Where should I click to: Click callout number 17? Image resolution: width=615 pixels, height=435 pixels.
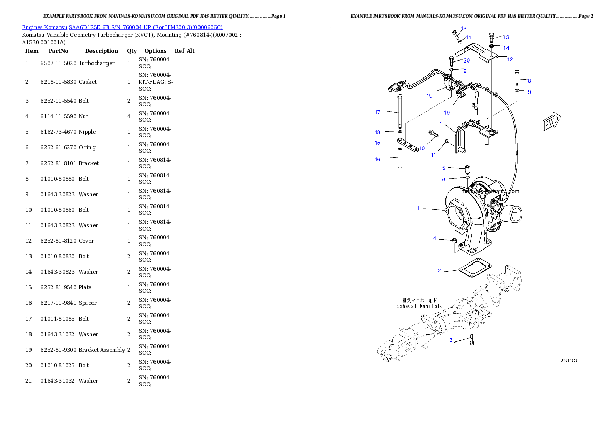(x=378, y=112)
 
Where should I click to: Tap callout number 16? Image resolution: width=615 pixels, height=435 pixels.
(x=378, y=160)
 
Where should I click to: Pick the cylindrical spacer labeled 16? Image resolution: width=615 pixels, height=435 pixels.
(x=399, y=159)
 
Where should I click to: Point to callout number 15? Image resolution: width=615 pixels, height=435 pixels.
(x=378, y=142)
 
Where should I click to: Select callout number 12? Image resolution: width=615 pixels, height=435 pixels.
(x=510, y=59)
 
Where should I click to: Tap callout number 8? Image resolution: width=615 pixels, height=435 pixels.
(x=529, y=81)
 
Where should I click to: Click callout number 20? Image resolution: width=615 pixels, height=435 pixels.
(x=466, y=60)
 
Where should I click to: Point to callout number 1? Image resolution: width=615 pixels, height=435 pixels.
(x=418, y=208)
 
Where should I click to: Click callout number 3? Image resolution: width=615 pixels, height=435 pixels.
(x=451, y=340)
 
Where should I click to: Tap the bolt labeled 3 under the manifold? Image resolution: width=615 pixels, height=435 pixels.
(x=472, y=340)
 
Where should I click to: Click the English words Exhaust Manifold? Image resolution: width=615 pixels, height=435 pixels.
(x=420, y=306)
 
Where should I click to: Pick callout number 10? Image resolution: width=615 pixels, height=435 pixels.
(x=422, y=148)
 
